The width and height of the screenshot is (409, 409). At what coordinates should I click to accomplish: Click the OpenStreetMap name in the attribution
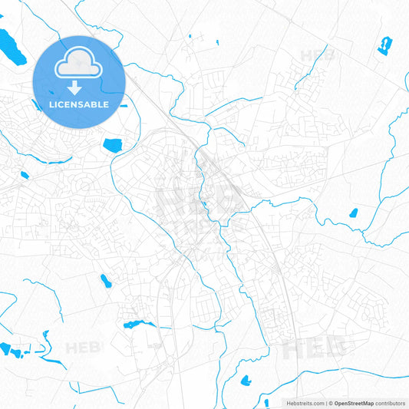pos(354,403)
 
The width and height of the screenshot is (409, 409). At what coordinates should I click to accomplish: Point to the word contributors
pos(391,403)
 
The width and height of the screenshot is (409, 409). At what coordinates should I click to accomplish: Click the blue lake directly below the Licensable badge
pos(113,143)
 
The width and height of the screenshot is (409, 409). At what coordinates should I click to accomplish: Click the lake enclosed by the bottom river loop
pos(246,380)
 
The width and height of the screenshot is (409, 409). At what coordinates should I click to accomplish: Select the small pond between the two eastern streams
pos(354,213)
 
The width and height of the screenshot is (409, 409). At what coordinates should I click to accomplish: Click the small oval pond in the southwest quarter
pos(104,280)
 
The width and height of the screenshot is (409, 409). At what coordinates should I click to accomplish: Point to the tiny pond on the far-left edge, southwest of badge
pos(25,176)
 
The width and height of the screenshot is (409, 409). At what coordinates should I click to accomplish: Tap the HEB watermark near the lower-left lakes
pos(83,348)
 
